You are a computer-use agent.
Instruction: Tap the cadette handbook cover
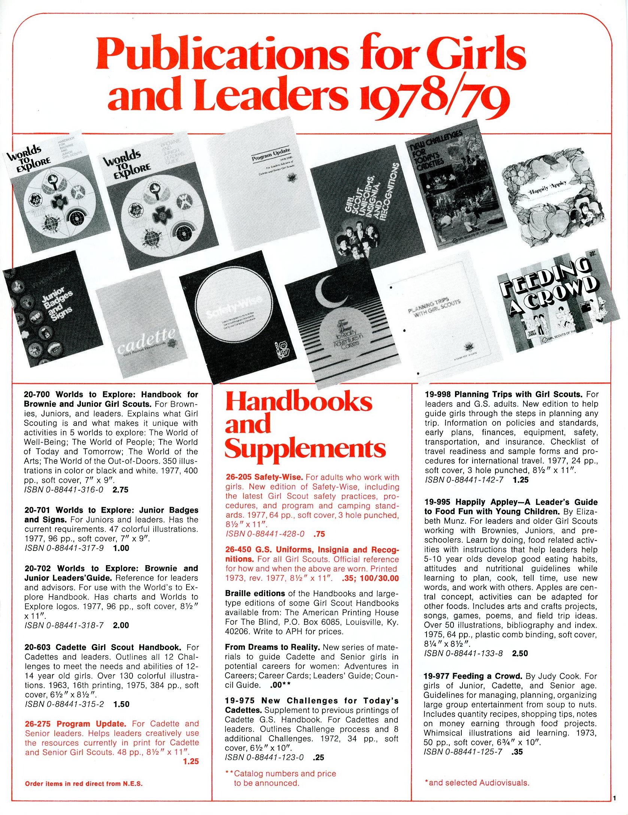coord(140,330)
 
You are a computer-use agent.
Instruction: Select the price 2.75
coord(120,490)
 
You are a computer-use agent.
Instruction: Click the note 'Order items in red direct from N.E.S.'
coord(84,784)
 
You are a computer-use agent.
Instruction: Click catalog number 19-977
coord(437,676)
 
